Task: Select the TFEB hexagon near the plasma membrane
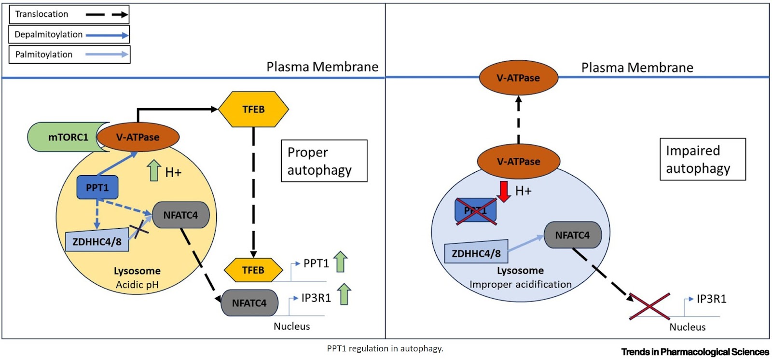[253, 110]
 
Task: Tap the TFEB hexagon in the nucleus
[253, 270]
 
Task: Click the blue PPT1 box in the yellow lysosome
[97, 188]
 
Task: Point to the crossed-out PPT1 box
[476, 211]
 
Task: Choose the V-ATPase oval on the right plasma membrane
[518, 78]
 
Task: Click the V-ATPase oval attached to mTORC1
[138, 137]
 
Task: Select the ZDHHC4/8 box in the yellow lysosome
[97, 241]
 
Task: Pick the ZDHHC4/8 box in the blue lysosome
[476, 252]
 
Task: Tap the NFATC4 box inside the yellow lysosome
[180, 215]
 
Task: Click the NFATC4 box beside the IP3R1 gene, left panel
[249, 303]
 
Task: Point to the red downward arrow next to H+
[504, 191]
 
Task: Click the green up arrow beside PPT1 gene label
[341, 262]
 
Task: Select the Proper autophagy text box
[324, 161]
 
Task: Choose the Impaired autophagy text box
[702, 160]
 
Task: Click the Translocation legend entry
[69, 14]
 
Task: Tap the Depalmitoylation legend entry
[69, 35]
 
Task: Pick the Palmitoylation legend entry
[69, 55]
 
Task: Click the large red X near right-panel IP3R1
[650, 306]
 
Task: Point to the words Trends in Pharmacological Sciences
[695, 352]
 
